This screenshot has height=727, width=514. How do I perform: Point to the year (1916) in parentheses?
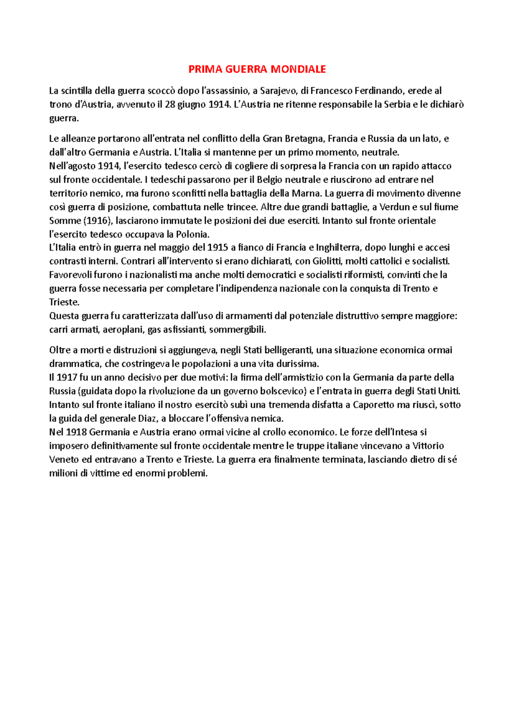click(x=98, y=221)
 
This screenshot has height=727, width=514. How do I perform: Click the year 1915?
click(x=217, y=247)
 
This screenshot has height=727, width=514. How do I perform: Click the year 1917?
click(x=66, y=378)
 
